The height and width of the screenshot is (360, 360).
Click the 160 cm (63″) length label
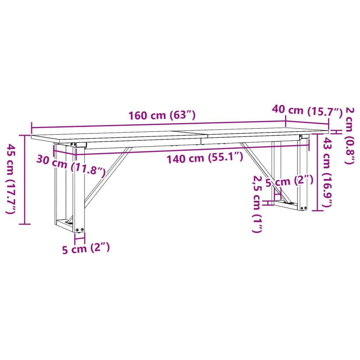[x=161, y=115]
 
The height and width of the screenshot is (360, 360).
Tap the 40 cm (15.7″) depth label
[x=307, y=111]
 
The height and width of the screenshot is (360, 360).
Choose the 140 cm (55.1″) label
[x=205, y=158]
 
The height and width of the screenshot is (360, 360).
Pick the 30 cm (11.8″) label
[x=71, y=166]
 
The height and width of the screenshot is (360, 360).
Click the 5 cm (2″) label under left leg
[x=86, y=249]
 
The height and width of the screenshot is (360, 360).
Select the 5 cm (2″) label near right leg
[x=289, y=181]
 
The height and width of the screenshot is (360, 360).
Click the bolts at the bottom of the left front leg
[x=80, y=230]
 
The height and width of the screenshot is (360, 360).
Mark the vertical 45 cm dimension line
[x=24, y=179]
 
